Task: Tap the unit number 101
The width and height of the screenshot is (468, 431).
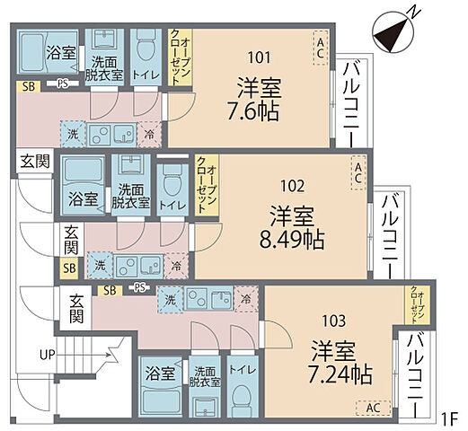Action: coord(258,57)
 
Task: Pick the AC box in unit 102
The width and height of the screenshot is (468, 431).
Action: coord(358,170)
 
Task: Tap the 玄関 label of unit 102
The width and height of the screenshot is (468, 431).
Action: coord(69,239)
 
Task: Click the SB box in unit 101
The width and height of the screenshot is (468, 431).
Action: coord(28,85)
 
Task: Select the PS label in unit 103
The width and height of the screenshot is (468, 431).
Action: coord(138,288)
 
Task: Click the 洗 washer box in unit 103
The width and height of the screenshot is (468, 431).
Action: coord(167,299)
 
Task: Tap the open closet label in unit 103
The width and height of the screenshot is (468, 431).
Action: coord(417,304)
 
